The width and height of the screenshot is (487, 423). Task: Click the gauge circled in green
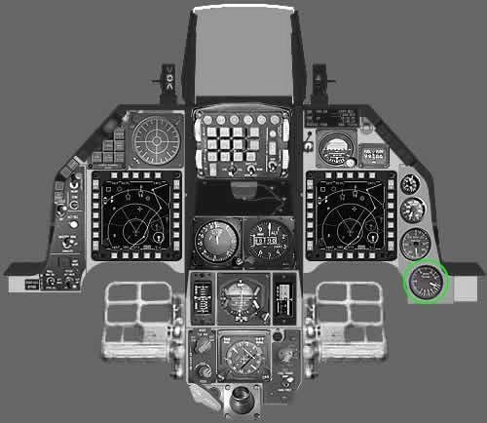[x=425, y=282]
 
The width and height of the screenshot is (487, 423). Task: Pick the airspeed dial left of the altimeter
[x=213, y=237]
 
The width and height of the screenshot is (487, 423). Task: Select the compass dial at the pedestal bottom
[x=238, y=357]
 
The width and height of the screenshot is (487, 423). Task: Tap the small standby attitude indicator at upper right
[x=336, y=149]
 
